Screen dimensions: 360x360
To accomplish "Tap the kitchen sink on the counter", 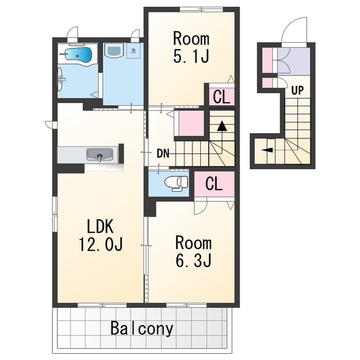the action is (100, 155).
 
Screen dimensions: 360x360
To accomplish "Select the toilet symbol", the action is (176, 183).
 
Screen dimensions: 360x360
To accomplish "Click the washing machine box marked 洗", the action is (133, 51).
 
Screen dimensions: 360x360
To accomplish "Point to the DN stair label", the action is (163, 154).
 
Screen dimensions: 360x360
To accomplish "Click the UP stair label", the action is (298, 91).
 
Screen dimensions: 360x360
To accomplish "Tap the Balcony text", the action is (142, 328).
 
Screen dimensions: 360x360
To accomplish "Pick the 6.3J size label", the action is (193, 260).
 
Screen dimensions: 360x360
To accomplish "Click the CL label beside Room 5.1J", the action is (222, 97).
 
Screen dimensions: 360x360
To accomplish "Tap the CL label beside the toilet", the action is (214, 184).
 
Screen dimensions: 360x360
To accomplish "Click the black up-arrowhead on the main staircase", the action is (222, 126).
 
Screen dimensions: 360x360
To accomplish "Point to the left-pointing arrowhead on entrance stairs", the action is (267, 150).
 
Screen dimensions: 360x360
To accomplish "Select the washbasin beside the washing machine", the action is (114, 50).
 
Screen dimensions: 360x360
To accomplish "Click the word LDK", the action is (100, 226).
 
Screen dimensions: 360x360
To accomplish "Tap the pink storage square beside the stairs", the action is (191, 123).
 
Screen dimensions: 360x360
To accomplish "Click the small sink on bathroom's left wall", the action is (61, 79).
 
